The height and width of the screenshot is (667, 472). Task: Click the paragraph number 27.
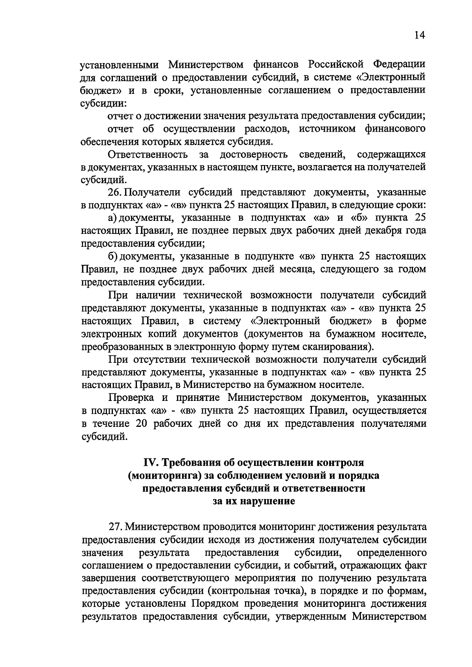115,527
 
